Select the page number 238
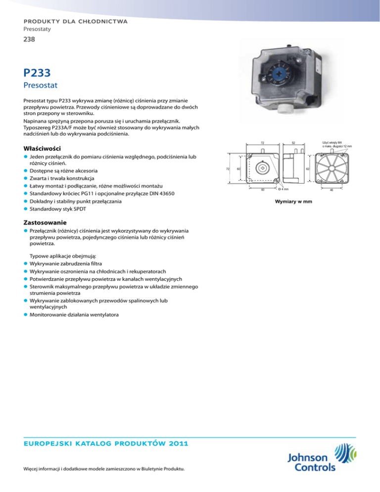[29, 42]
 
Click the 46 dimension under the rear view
[331, 190]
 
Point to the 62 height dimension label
[307, 169]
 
